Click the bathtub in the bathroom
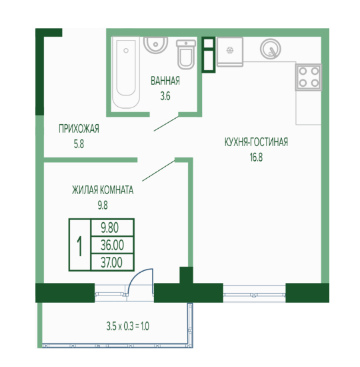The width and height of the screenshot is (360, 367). coord(126,73)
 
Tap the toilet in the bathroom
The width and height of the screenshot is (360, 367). coord(186,55)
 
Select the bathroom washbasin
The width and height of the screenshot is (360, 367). coord(155,45)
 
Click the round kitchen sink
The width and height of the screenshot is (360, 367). coord(271,49)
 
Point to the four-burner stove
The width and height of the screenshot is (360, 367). coord(309,77)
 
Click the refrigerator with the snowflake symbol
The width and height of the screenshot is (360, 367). coord(230,51)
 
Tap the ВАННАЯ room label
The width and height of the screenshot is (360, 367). coord(165,81)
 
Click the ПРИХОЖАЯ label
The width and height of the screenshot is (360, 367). coord(79,129)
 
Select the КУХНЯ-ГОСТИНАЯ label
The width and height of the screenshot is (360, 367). coord(256,142)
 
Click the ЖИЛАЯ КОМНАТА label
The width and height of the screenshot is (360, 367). coord(103,190)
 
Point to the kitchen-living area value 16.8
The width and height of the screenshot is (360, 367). coord(256,157)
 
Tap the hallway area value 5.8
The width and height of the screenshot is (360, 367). coord(79,144)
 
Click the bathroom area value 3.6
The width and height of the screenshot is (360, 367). coord(165,96)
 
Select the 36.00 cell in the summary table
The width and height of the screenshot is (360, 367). coord(112,245)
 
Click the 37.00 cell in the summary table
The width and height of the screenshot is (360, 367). coord(112,262)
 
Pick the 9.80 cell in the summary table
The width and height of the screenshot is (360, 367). coord(112,228)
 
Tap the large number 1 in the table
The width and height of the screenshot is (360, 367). coord(80,246)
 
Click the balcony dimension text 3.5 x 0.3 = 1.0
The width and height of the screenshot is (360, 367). coord(128,326)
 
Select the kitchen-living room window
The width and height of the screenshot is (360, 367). coord(254,294)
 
